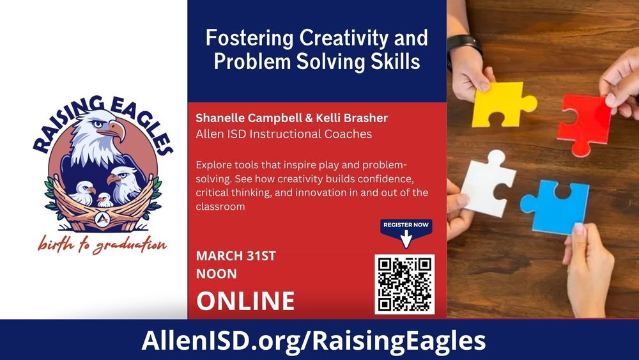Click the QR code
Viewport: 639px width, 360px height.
(x=404, y=285)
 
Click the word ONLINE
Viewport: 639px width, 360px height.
(x=245, y=301)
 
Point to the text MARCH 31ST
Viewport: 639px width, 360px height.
(x=236, y=256)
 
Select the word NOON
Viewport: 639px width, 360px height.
(x=216, y=274)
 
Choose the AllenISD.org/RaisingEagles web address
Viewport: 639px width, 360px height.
(x=313, y=340)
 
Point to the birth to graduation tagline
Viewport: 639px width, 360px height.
(x=102, y=245)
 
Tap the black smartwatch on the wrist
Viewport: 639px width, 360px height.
(x=465, y=46)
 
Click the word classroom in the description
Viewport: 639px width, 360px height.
(x=220, y=207)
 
